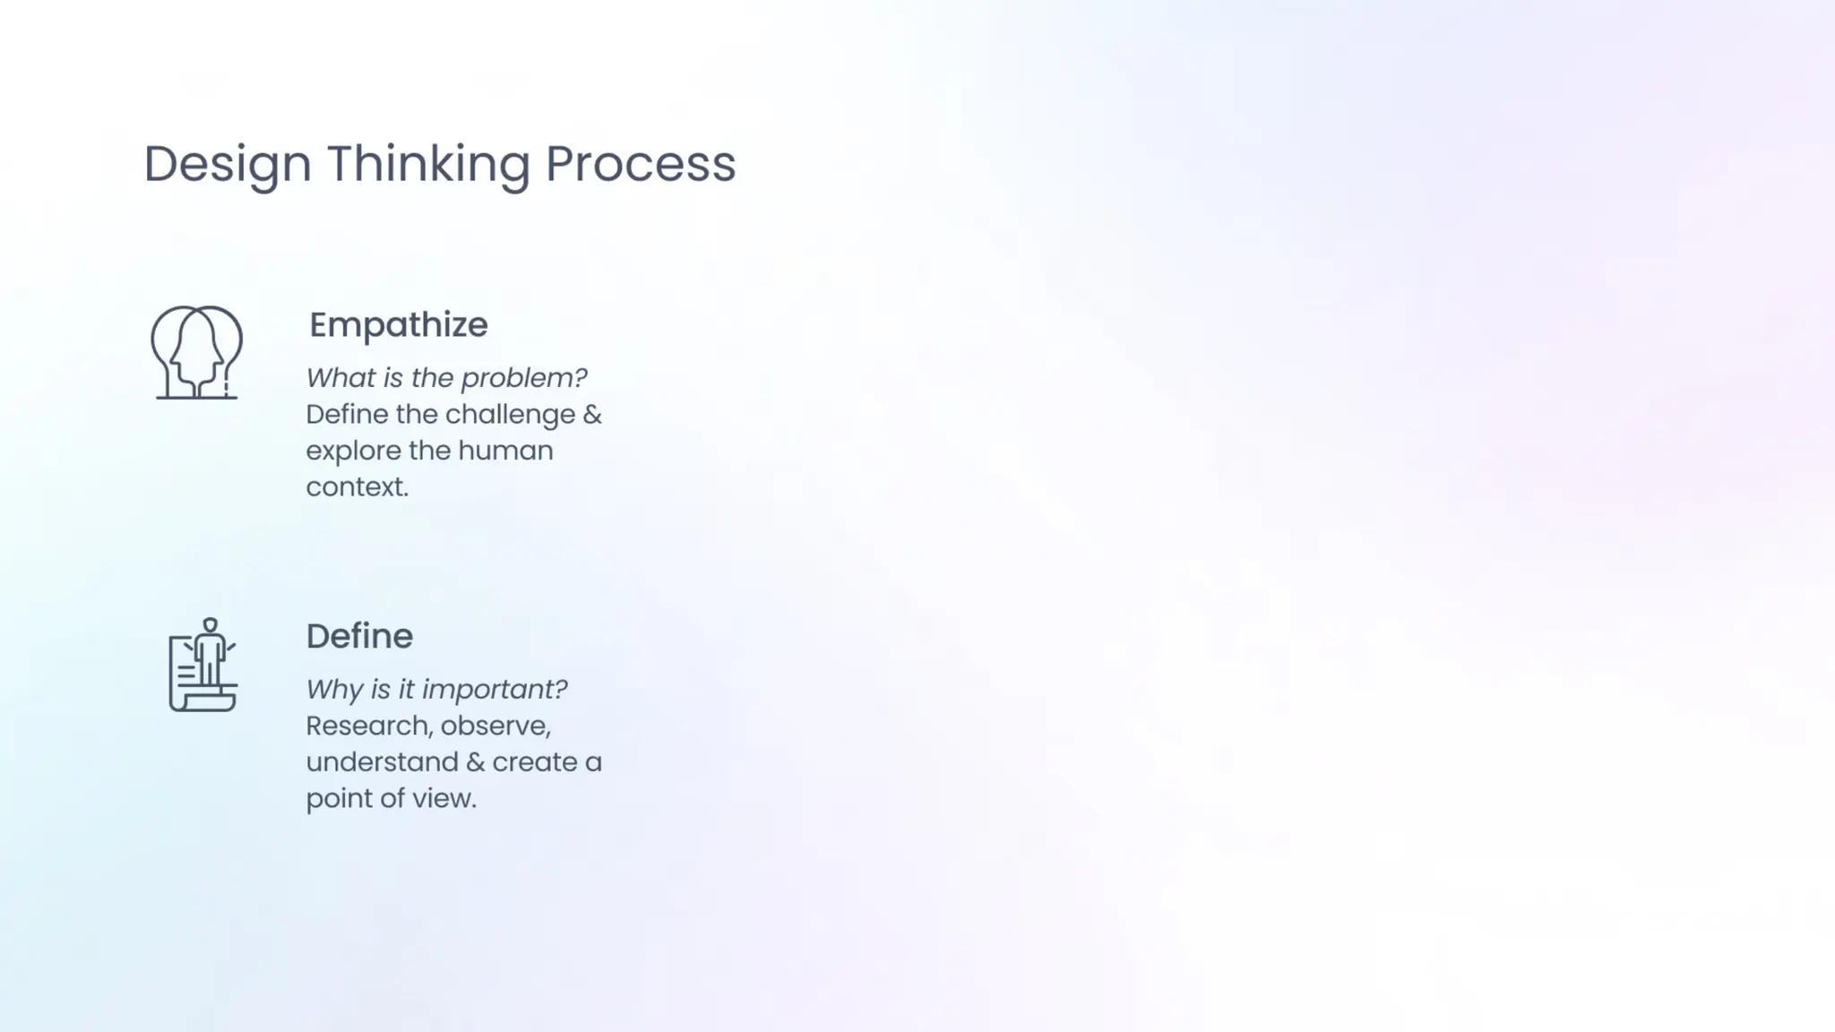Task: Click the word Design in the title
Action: coord(227,165)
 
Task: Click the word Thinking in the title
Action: coord(427,165)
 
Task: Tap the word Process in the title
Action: coord(640,165)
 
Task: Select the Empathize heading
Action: coord(398,325)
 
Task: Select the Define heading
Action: coord(359,636)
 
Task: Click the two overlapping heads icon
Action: coord(196,352)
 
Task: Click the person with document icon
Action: coord(203,665)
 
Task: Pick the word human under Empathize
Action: coord(505,451)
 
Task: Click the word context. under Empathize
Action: coord(357,487)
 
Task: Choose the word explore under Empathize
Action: coord(352,451)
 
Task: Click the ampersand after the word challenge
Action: coord(592,415)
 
